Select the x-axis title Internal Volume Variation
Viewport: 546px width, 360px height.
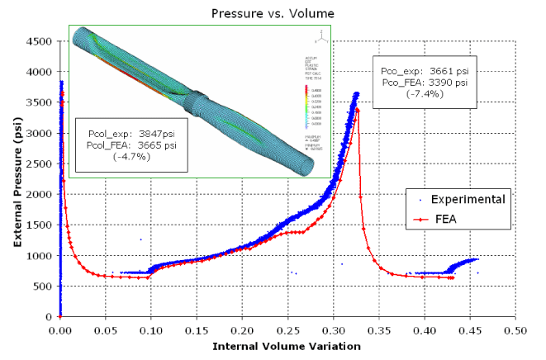[x=287, y=346]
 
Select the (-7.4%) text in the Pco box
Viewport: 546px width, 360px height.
[x=425, y=93]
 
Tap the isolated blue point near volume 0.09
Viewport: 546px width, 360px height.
[x=140, y=239]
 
